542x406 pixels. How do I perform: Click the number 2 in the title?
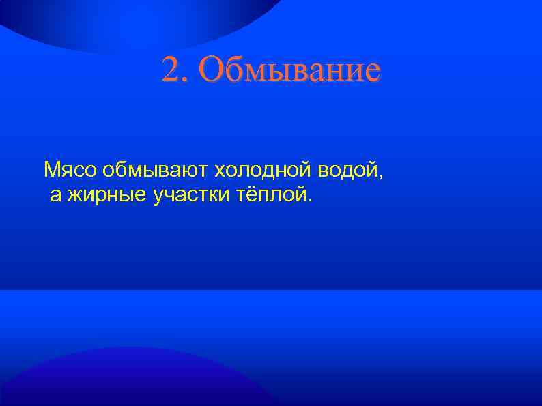pyautogui.click(x=169, y=70)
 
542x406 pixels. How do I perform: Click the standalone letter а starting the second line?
pyautogui.click(x=55, y=197)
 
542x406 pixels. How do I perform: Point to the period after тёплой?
pyautogui.click(x=311, y=202)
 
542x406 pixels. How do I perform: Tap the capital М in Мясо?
pyautogui.click(x=50, y=168)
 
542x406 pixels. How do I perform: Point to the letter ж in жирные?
pyautogui.click(x=75, y=197)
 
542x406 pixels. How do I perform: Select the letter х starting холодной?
pyautogui.click(x=219, y=169)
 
